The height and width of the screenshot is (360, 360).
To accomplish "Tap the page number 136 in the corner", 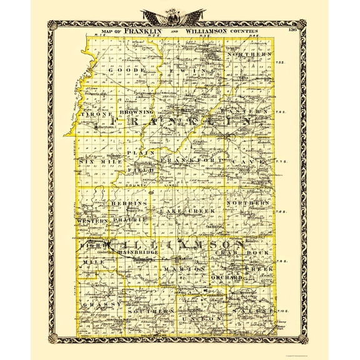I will (x=291, y=29).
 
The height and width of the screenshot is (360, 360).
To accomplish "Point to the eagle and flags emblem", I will (x=180, y=16).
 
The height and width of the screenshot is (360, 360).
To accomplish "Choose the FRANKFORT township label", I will (x=187, y=161).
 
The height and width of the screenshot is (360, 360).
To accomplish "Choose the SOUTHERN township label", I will (x=147, y=311).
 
